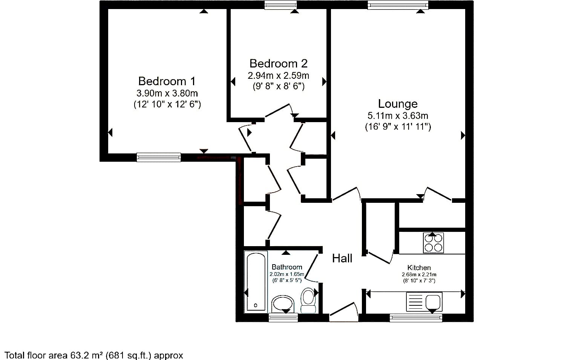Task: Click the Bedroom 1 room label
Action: pos(167,81)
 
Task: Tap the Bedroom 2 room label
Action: pos(278,63)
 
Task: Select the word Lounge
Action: pos(398,104)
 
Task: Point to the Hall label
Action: pos(342,259)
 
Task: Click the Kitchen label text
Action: pos(419,268)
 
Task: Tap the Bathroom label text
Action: pos(287,267)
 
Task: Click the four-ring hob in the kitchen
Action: pos(433,243)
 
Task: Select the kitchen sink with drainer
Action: pos(424,302)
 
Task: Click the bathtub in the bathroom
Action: pos(256,282)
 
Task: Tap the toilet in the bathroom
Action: pos(308,300)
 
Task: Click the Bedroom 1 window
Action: pos(159,157)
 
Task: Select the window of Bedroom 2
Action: pos(280,5)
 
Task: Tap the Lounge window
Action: pos(398,5)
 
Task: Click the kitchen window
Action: pos(416,318)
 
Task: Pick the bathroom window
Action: pos(283,317)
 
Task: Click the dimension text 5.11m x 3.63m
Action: pos(398,116)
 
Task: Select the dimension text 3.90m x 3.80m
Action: pos(167,93)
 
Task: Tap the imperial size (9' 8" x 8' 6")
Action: pos(279,86)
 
